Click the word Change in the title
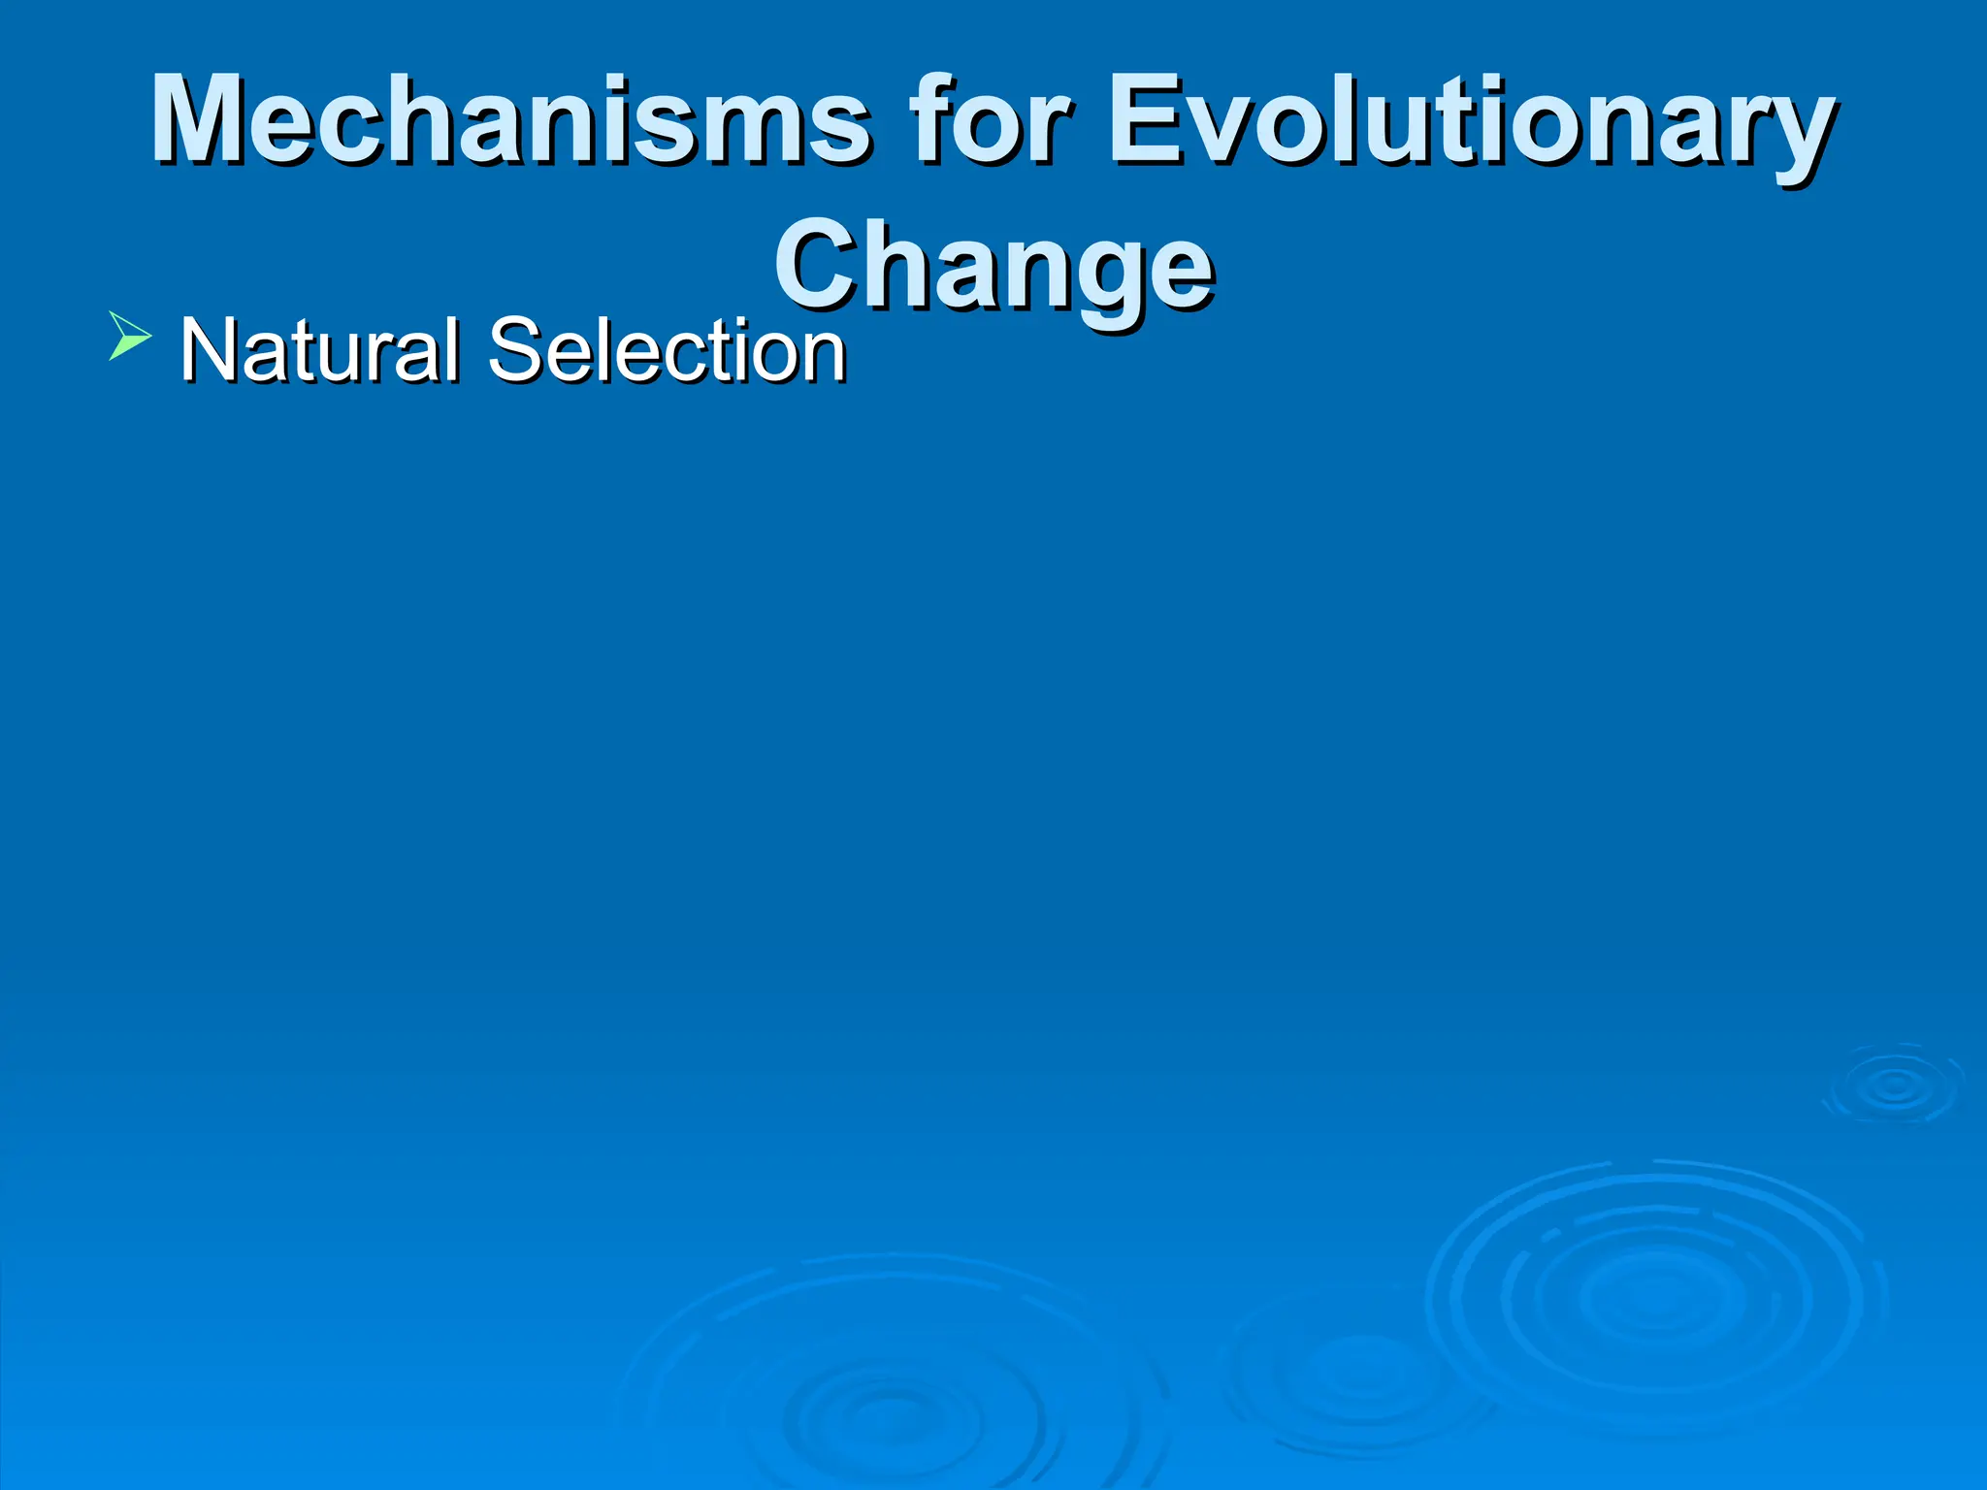993,264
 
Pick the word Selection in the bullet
668,351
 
